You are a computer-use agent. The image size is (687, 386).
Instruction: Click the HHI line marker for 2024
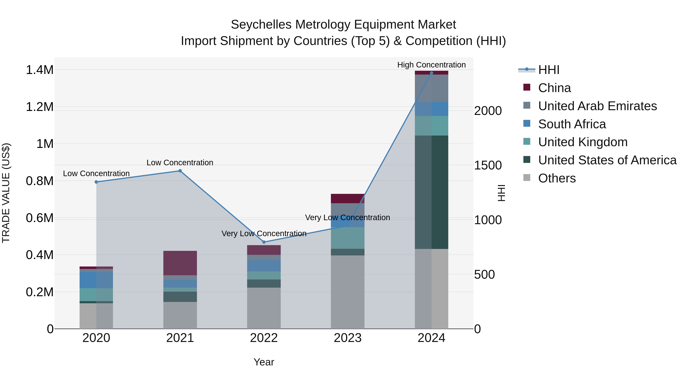click(431, 73)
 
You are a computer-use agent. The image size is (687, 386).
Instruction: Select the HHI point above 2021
click(180, 171)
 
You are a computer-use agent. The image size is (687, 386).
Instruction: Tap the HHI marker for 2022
click(264, 242)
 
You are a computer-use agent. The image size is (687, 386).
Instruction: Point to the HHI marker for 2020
click(96, 182)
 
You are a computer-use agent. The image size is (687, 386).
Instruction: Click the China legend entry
click(554, 88)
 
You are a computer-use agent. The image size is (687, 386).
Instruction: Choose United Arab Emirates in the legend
click(597, 106)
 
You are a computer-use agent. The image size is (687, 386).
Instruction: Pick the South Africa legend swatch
click(527, 124)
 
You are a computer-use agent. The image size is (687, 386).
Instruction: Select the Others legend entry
click(557, 178)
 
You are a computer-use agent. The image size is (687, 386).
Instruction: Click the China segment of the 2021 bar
click(180, 263)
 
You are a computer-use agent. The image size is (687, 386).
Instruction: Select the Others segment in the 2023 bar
click(348, 292)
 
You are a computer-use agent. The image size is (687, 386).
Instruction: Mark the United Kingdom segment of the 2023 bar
click(348, 238)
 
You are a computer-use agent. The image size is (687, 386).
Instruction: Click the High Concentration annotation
click(431, 65)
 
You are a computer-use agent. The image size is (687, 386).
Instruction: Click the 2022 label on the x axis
click(264, 338)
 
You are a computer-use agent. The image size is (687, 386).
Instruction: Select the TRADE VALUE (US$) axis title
click(6, 193)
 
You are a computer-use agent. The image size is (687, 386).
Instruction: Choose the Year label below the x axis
click(264, 362)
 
